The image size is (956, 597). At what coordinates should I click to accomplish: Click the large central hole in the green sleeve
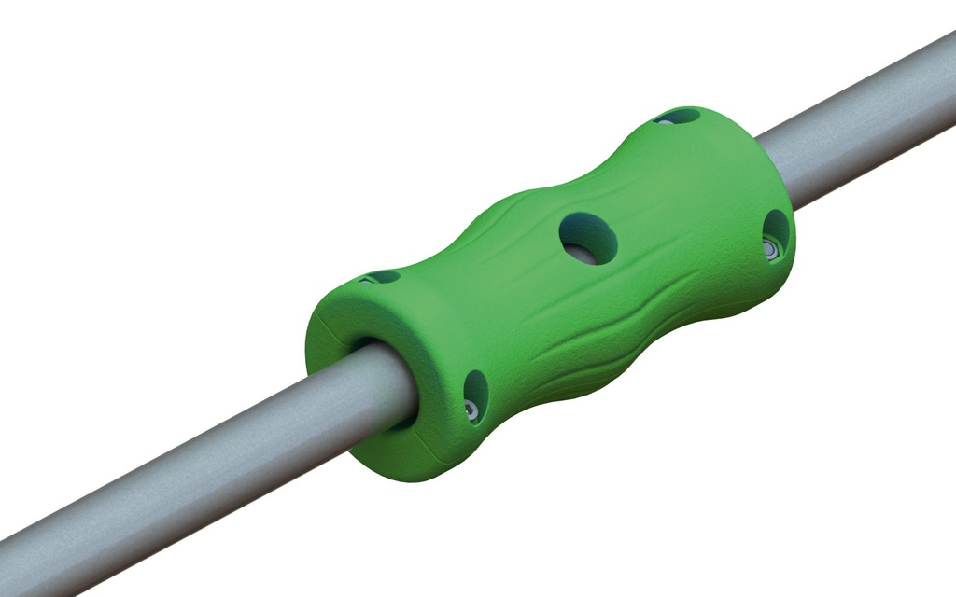(x=588, y=237)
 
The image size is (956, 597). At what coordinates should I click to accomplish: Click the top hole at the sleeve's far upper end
(x=678, y=117)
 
